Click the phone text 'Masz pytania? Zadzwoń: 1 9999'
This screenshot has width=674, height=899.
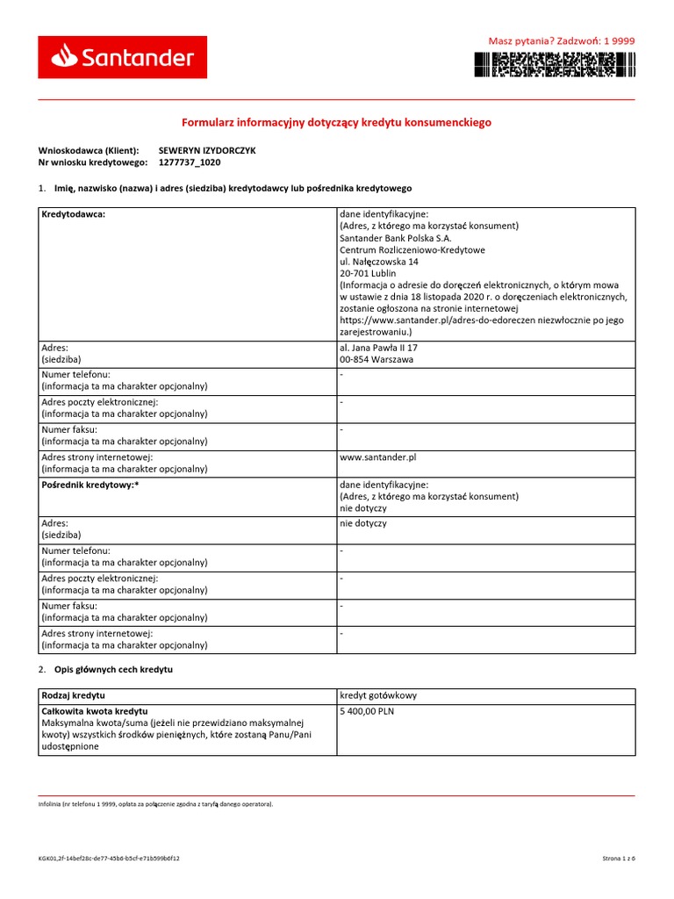point(561,40)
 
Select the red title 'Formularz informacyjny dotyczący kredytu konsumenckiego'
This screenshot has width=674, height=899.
point(336,122)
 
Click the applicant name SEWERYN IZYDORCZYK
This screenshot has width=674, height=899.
point(207,150)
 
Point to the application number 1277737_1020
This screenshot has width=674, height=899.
point(190,162)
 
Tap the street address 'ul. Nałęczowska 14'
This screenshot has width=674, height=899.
point(379,262)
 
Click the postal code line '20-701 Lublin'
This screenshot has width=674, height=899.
point(368,273)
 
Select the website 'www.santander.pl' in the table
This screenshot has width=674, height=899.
point(377,457)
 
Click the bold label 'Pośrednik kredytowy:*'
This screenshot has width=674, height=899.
point(90,485)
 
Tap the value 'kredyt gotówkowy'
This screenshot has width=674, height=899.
point(378,695)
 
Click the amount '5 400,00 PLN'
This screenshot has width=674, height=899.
point(367,711)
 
